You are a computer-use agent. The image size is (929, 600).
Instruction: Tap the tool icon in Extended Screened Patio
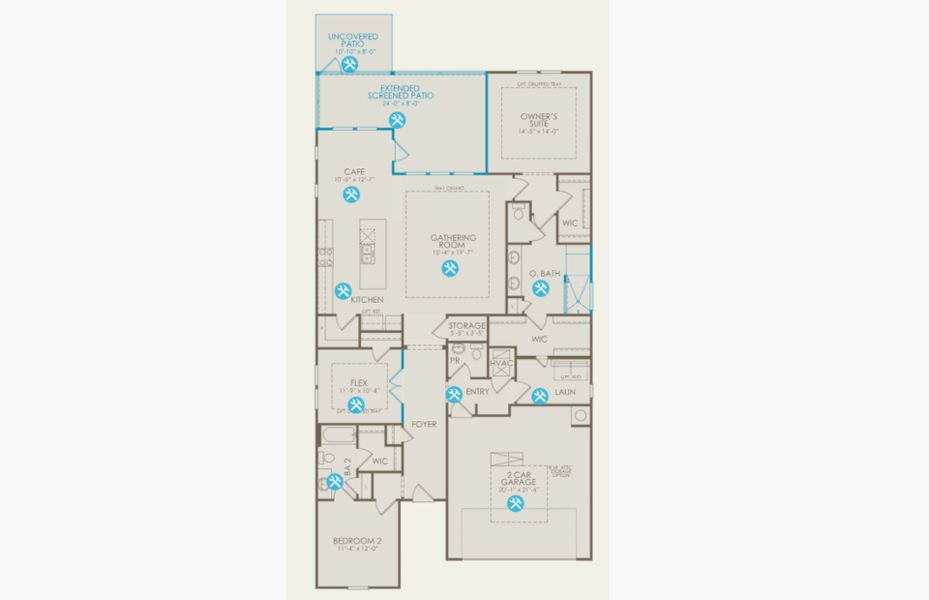397,119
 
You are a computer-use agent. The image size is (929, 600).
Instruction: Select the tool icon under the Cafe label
351,195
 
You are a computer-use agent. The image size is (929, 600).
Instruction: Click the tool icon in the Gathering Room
450,268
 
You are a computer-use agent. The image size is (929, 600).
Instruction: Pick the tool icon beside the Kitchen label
343,291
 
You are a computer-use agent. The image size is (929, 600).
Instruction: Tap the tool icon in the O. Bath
540,289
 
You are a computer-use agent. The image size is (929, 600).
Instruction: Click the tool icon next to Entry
454,394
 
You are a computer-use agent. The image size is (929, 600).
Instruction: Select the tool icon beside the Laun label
540,395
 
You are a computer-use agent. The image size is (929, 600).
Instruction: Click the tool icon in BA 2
334,481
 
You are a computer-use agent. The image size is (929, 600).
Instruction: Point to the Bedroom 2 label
357,541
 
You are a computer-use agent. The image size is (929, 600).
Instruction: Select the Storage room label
467,326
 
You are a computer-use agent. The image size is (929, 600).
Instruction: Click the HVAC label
501,363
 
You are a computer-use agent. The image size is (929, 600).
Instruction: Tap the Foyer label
425,424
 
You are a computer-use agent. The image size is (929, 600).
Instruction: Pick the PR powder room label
454,359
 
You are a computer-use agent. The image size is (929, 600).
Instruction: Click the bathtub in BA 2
337,435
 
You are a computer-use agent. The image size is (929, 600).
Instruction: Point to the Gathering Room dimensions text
451,253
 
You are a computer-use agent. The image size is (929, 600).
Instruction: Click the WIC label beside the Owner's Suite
571,223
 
